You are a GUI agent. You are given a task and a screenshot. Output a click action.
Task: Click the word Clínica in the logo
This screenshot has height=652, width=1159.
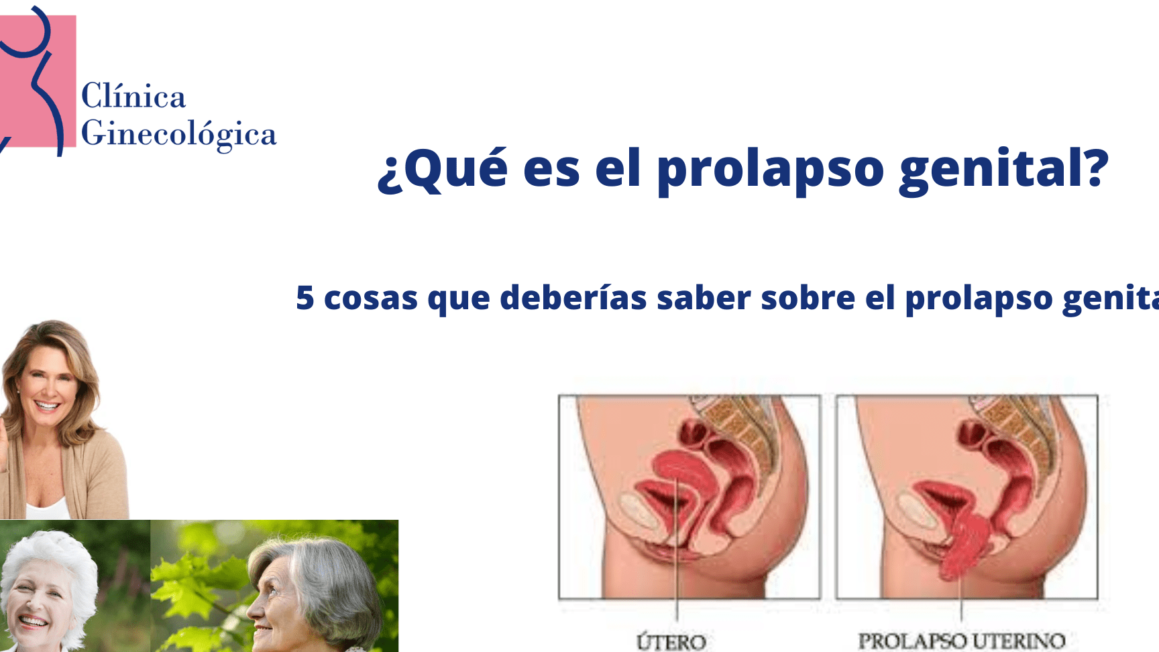click(133, 96)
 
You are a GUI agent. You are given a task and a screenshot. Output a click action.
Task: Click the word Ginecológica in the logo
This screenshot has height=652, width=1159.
click(179, 134)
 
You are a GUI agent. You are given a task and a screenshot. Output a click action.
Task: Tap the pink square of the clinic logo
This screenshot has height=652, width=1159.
click(38, 80)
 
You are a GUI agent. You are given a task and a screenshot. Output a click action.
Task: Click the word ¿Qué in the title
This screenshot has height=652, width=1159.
click(443, 168)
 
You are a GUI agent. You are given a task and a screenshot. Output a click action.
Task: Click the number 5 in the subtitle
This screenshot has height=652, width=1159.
click(305, 298)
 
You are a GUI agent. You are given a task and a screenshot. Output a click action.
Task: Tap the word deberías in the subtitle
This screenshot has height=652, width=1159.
click(573, 297)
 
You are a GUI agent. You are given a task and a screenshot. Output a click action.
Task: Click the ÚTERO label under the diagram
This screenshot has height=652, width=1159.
click(671, 641)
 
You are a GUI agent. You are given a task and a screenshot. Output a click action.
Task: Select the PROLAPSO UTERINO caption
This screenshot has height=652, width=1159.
click(962, 641)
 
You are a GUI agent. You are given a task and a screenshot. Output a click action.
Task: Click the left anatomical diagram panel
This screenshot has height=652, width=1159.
click(689, 497)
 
